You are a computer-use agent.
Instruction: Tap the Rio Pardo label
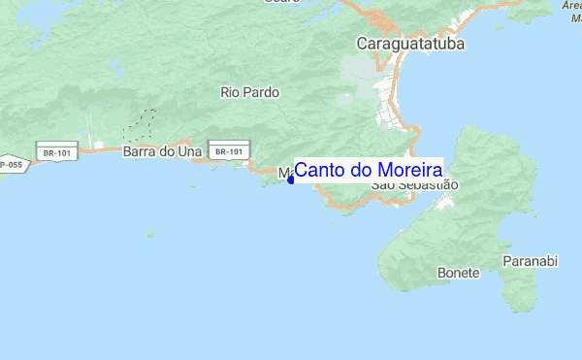point(249,93)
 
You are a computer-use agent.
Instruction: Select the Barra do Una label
point(161,151)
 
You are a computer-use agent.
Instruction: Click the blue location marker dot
point(291,179)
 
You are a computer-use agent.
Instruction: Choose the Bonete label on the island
point(458,273)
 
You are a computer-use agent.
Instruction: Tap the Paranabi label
point(531,262)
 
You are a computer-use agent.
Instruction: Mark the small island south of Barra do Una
point(150,233)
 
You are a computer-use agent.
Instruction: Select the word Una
point(189,151)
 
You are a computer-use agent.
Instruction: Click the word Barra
point(139,151)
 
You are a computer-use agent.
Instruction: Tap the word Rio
point(230,93)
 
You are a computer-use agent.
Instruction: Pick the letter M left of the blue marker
point(283,174)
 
